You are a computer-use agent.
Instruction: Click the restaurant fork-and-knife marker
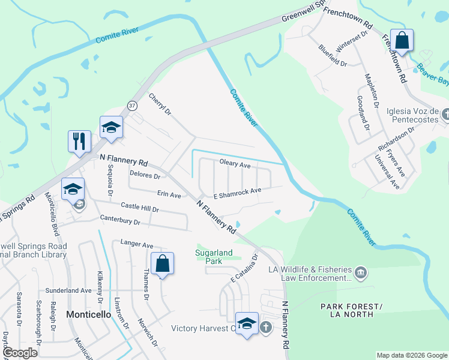[79, 142]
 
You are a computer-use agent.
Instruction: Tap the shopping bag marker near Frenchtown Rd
[402, 41]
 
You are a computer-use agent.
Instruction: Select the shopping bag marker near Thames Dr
[162, 263]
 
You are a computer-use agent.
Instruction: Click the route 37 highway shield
[132, 105]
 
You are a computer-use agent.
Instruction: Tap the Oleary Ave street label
[235, 163]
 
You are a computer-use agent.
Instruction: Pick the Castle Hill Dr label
[139, 207]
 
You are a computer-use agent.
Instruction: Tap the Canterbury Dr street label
[120, 220]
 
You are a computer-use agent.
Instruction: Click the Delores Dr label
[145, 176]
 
